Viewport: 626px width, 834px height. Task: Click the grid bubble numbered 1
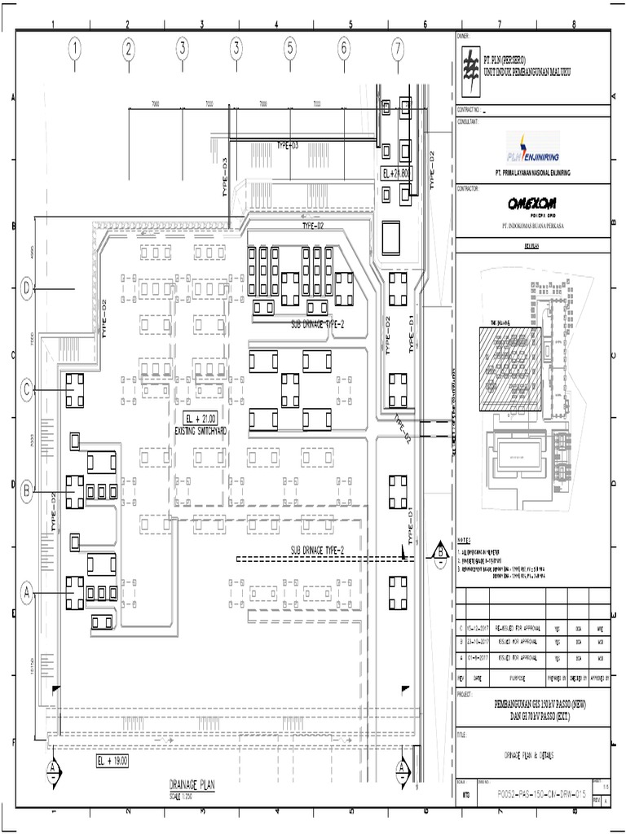tap(75, 50)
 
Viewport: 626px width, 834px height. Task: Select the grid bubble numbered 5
tap(289, 50)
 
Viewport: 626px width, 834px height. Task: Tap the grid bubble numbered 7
tap(397, 50)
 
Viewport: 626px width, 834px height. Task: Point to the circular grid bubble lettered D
tap(27, 288)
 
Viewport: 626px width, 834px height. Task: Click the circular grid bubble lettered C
tap(27, 390)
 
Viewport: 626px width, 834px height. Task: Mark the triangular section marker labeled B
tap(440, 552)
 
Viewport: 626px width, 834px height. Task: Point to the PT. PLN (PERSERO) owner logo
tap(469, 64)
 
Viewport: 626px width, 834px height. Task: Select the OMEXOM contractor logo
tap(533, 204)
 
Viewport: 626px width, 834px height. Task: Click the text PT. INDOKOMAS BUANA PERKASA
tap(533, 226)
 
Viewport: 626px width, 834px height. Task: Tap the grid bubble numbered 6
tap(343, 50)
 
